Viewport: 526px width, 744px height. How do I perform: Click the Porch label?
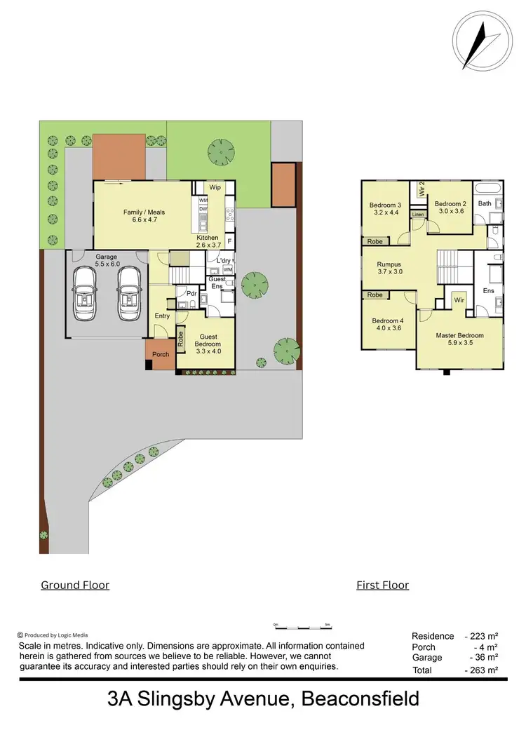click(x=161, y=354)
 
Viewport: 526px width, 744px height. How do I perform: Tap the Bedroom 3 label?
click(x=385, y=208)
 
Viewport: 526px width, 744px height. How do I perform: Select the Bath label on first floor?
click(x=485, y=203)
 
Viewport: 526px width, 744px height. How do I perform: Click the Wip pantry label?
click(x=215, y=188)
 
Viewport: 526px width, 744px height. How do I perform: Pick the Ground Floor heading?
click(x=75, y=585)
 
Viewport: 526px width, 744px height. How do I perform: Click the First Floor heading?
click(x=382, y=585)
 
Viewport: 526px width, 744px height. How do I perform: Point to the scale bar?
click(x=302, y=624)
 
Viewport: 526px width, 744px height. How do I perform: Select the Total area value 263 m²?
click(x=481, y=670)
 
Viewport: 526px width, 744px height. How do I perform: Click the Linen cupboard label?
click(x=418, y=214)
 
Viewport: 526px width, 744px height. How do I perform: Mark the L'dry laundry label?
click(x=224, y=261)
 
